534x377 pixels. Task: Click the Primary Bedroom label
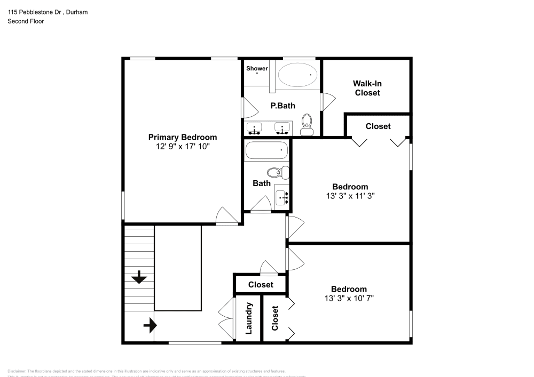click(182, 137)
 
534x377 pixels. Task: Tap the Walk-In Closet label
click(367, 88)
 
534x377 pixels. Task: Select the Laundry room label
click(248, 319)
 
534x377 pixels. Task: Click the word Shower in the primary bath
click(257, 68)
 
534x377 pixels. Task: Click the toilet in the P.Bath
click(307, 123)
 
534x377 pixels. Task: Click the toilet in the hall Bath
click(276, 172)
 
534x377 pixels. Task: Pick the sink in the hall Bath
click(282, 197)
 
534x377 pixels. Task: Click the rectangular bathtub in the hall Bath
click(266, 150)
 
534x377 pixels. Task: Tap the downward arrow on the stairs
click(139, 277)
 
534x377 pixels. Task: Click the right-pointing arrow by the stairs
click(150, 324)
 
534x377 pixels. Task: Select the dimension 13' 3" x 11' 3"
click(350, 196)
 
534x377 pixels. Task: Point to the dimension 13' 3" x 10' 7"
click(349, 298)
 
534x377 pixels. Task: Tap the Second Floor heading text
click(26, 21)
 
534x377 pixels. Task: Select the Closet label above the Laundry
click(260, 285)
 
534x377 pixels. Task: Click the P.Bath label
click(282, 106)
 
